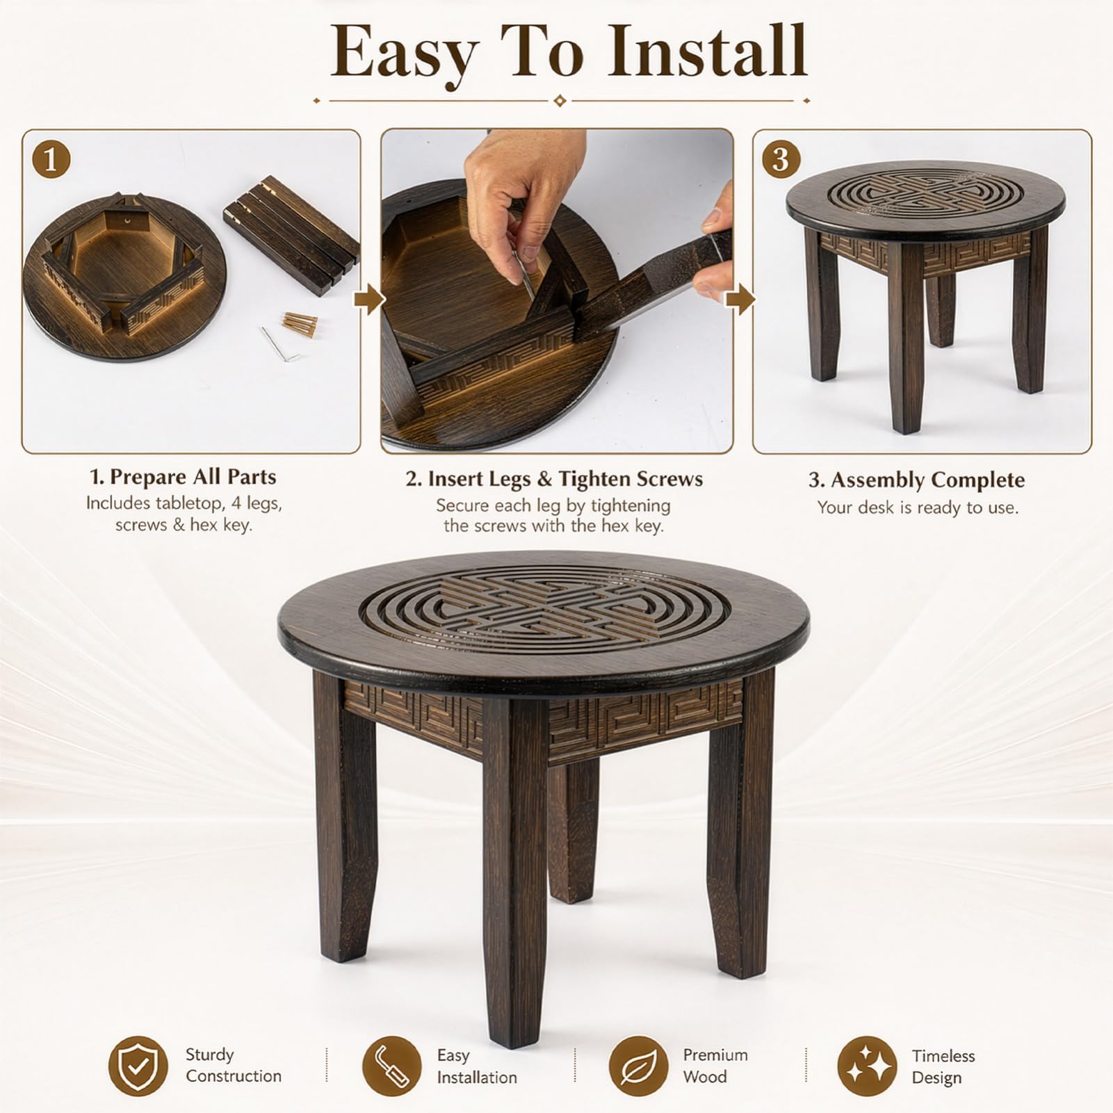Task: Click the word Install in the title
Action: [706, 51]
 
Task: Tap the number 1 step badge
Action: [51, 161]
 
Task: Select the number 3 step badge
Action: [781, 160]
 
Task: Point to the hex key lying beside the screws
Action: [279, 346]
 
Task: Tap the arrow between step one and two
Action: [369, 300]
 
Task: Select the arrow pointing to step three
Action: [740, 300]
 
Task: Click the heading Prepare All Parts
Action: [183, 477]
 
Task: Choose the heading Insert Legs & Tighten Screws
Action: [554, 479]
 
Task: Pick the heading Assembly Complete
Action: [916, 480]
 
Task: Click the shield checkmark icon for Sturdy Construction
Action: [138, 1066]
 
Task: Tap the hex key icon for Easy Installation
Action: [392, 1066]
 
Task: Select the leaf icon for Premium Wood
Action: [638, 1066]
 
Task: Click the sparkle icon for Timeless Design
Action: [867, 1066]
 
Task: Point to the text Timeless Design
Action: [943, 1066]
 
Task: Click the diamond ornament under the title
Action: [560, 101]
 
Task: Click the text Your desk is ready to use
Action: [918, 507]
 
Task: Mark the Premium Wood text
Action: [715, 1066]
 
